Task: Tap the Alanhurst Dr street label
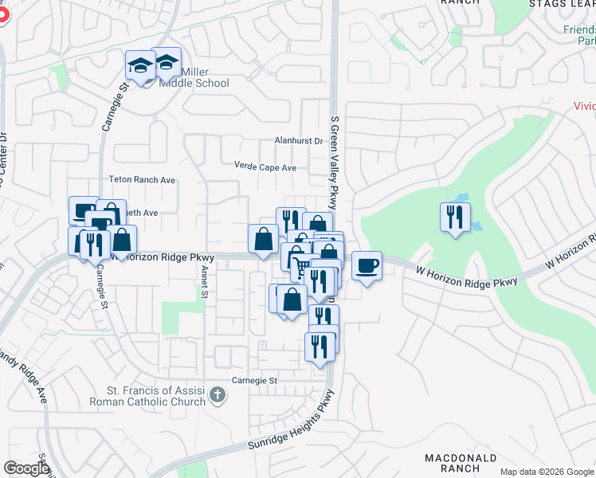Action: pos(297,141)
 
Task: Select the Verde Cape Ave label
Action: pos(265,167)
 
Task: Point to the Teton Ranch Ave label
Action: pos(142,180)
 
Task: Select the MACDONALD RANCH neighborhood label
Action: pos(461,464)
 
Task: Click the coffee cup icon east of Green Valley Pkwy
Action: pos(367,266)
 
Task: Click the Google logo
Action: pos(26,468)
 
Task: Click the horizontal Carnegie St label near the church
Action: pos(254,380)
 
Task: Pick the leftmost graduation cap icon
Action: pos(141,66)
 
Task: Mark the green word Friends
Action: pos(579,29)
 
